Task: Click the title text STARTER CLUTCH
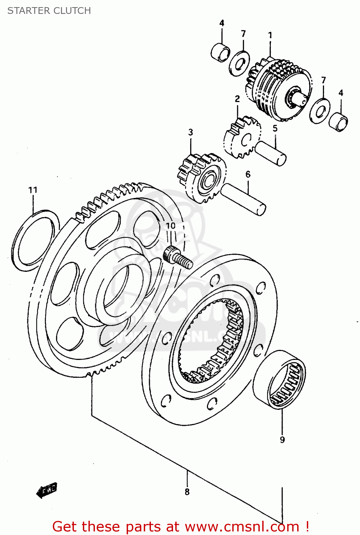[x=49, y=11]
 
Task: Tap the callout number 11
[x=33, y=190]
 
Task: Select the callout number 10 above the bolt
[x=171, y=226]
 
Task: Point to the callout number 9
[x=282, y=440]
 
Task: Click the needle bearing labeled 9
[x=279, y=379]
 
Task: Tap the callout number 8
[x=187, y=492]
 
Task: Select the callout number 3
[x=191, y=132]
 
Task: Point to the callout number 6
[x=248, y=174]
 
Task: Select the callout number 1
[x=270, y=35]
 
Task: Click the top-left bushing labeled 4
[x=220, y=52]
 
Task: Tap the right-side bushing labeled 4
[x=338, y=122]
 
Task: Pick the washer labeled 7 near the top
[x=239, y=63]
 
